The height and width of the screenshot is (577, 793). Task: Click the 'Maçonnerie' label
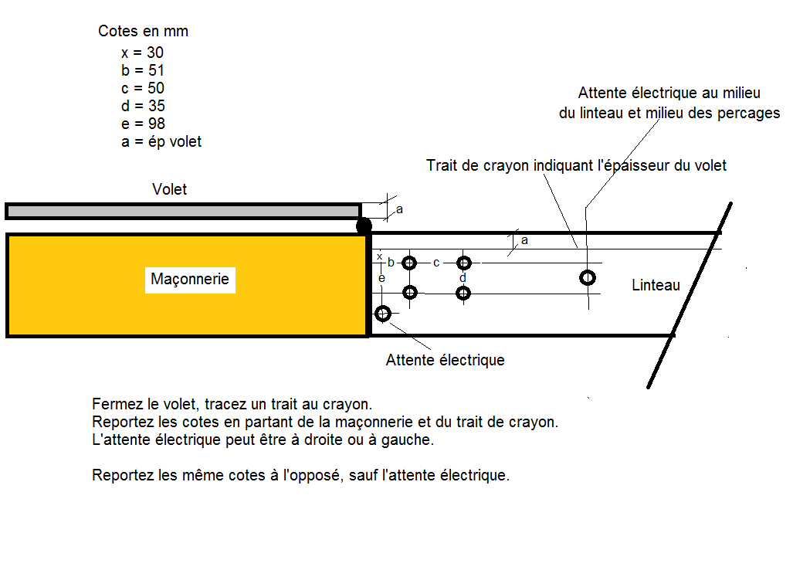[190, 279]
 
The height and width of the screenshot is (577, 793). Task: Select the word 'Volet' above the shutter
[170, 189]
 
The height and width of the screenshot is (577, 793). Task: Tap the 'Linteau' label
[656, 285]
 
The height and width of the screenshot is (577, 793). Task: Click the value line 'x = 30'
[142, 53]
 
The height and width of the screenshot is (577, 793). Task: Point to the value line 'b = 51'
[142, 70]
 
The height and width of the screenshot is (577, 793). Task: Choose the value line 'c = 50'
[142, 88]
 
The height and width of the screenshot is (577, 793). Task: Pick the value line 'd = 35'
[143, 106]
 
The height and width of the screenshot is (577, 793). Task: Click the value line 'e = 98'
[143, 124]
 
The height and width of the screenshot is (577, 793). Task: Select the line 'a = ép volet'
[161, 142]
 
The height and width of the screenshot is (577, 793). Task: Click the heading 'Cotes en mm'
[143, 32]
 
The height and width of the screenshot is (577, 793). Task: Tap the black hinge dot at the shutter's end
[363, 226]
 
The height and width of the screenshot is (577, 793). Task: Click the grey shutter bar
[183, 211]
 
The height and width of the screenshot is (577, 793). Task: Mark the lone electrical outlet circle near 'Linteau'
[588, 277]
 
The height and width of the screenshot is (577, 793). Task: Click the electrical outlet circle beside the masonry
[382, 313]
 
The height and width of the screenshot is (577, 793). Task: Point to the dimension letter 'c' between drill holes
[436, 263]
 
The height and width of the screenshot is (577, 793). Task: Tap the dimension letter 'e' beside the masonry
[381, 276]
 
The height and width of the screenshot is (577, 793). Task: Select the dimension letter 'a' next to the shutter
[399, 209]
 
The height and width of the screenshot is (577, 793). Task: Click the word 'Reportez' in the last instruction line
[121, 475]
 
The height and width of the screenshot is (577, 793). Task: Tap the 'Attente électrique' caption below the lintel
[445, 360]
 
